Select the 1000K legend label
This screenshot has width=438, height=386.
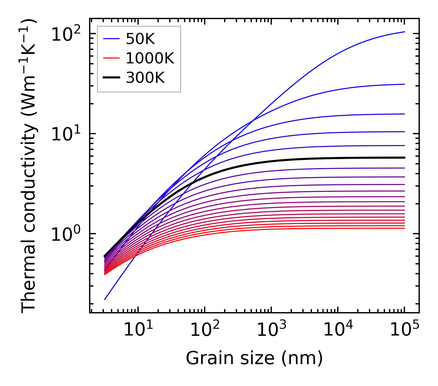pos(150,58)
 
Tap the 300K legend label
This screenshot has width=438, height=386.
pos(145,78)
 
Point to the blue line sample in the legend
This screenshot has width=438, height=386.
pos(111,39)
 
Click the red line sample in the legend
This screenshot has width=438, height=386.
pos(111,58)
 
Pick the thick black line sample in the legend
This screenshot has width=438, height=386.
pos(111,78)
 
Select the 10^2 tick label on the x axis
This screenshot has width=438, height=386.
pos(204,330)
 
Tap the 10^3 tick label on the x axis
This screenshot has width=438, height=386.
pos(271,330)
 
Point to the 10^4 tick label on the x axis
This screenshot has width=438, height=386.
pos(338,330)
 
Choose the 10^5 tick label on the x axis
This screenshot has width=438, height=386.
pos(404,330)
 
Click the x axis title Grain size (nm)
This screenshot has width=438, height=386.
pos(254,358)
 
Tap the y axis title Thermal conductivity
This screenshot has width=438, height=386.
pos(29,166)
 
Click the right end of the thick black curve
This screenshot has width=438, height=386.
pos(404,158)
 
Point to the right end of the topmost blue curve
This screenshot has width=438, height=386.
pos(404,32)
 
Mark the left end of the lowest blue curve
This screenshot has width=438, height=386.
pos(105,299)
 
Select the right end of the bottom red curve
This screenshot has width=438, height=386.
pos(404,228)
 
